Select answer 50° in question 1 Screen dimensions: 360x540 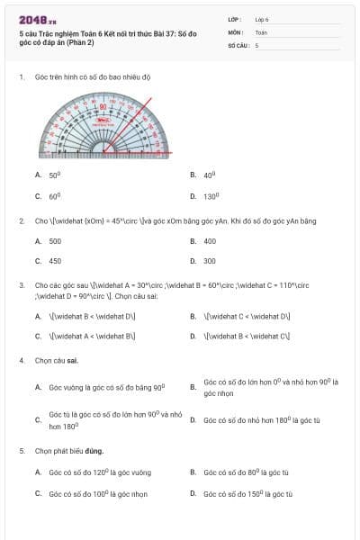click(55, 175)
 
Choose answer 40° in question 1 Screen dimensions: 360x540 click(210, 175)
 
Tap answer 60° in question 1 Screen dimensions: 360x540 click(55, 195)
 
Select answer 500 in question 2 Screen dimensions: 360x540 click(56, 241)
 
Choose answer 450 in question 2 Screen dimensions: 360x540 click(56, 261)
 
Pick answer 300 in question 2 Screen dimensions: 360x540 click(210, 261)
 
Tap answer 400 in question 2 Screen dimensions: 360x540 click(210, 241)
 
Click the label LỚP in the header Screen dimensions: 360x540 click(235, 18)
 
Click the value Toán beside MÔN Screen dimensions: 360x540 click(261, 31)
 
